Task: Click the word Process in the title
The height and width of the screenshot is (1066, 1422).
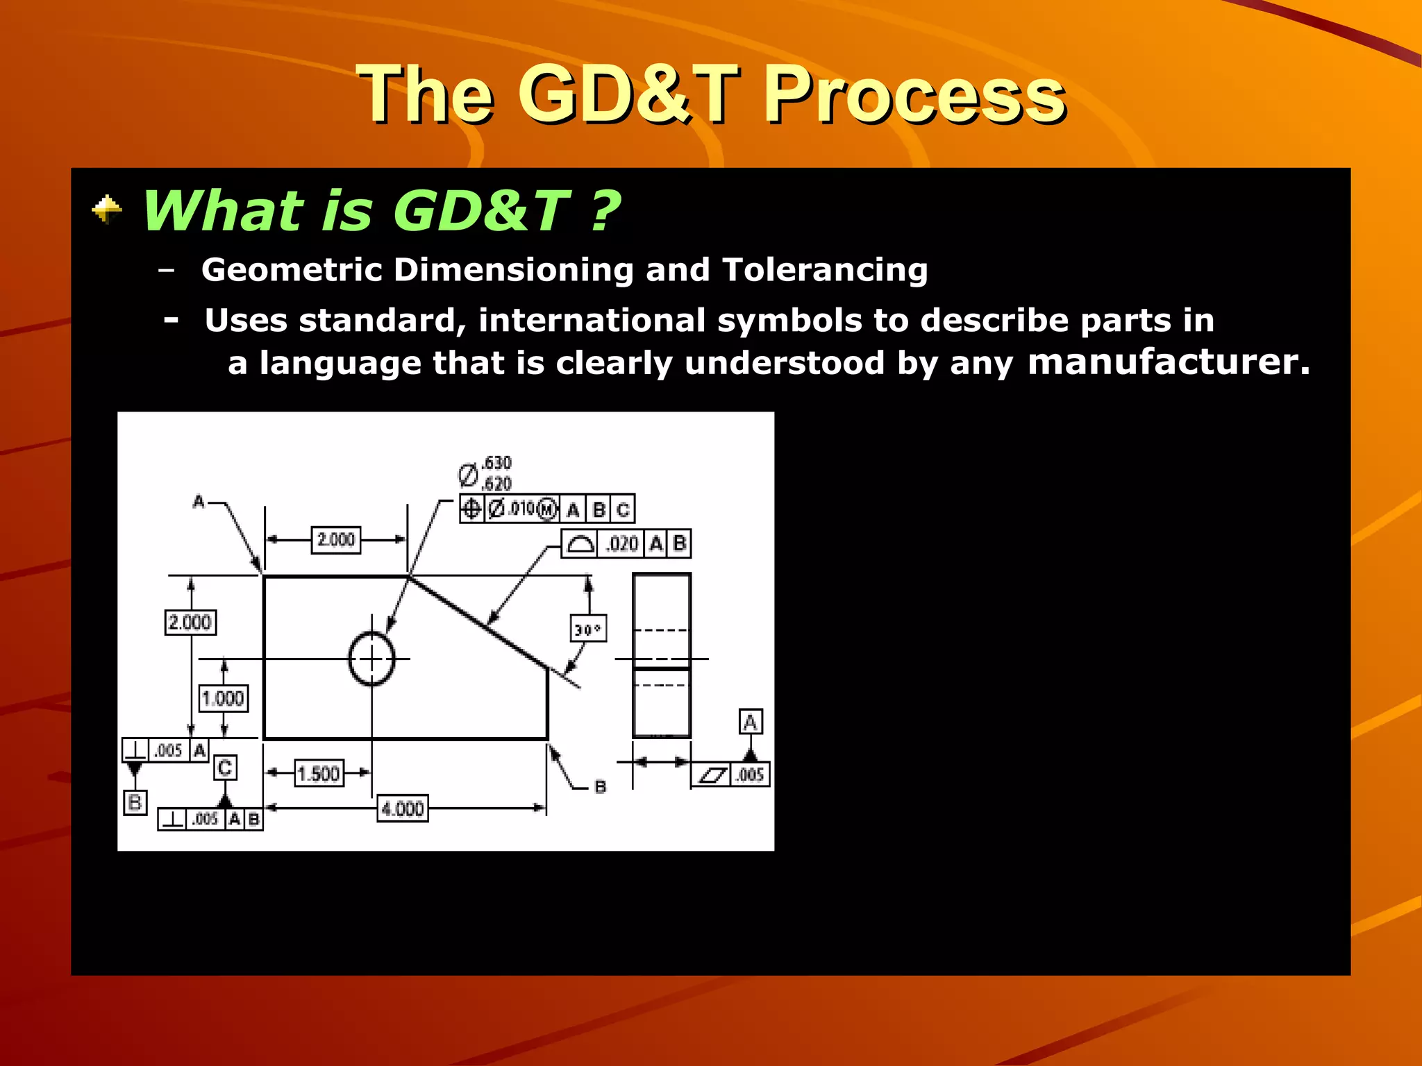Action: click(x=913, y=95)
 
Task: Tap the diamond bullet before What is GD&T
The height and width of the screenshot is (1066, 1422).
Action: click(x=107, y=210)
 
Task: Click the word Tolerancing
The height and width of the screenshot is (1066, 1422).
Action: click(x=824, y=269)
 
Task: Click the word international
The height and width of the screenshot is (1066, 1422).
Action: click(x=591, y=320)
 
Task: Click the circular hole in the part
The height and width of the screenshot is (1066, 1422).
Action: click(x=371, y=659)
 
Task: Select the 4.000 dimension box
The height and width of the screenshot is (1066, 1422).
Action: click(x=403, y=809)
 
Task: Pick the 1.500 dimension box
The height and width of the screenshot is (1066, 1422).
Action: click(x=319, y=773)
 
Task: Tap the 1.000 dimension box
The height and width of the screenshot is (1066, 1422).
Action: click(x=223, y=698)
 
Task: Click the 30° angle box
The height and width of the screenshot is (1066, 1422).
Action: click(x=587, y=629)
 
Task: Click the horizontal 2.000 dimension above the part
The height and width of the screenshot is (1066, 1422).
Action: click(x=336, y=540)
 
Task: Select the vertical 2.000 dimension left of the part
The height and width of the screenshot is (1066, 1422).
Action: click(x=190, y=622)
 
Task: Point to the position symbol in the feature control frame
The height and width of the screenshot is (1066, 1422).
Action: click(x=471, y=509)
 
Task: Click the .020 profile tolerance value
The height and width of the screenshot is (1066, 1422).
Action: click(x=621, y=543)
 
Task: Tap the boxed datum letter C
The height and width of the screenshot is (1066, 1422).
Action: click(x=224, y=768)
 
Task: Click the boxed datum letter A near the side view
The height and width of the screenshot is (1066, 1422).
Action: click(x=750, y=722)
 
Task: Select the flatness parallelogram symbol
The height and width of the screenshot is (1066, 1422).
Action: click(x=712, y=775)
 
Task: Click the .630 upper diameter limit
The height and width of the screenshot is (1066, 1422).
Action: click(x=496, y=463)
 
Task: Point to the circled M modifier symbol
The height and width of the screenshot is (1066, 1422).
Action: click(x=547, y=510)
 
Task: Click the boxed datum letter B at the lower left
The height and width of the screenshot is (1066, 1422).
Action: click(x=135, y=803)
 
